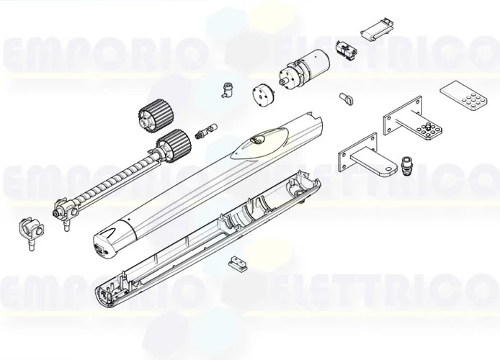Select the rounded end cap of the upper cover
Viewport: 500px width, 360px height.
[110, 239]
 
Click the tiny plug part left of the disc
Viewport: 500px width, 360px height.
[227, 90]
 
